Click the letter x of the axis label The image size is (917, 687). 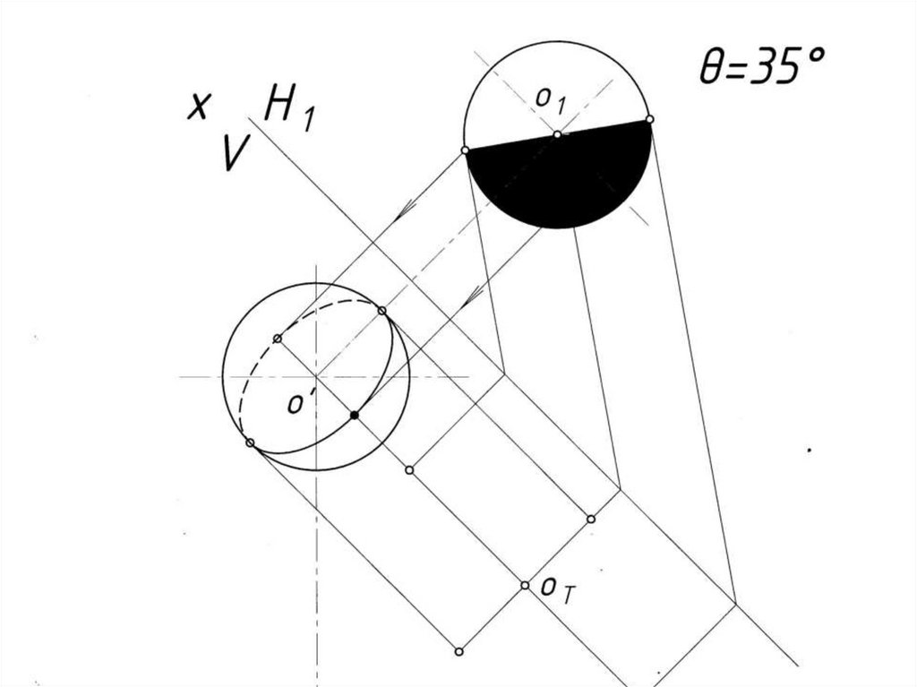pyautogui.click(x=198, y=107)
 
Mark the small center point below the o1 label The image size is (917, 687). pyautogui.click(x=557, y=134)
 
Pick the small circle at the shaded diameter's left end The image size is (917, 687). pyautogui.click(x=466, y=150)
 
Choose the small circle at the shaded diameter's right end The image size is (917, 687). pyautogui.click(x=649, y=118)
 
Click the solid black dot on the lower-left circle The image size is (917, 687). pyautogui.click(x=355, y=416)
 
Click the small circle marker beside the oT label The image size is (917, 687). pyautogui.click(x=526, y=585)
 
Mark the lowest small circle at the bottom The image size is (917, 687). pyautogui.click(x=458, y=651)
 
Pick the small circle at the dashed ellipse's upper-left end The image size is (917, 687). pyautogui.click(x=278, y=338)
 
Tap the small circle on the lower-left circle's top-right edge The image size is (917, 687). pyautogui.click(x=382, y=311)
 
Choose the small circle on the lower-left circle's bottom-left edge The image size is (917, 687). pyautogui.click(x=250, y=442)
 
